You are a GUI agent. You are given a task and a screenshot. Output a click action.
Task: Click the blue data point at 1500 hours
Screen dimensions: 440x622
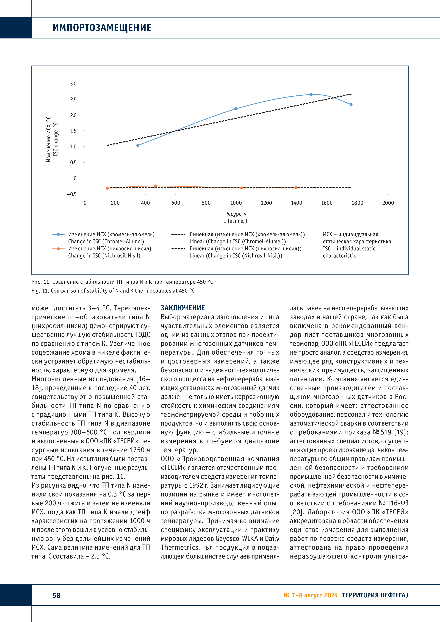coord(311,95)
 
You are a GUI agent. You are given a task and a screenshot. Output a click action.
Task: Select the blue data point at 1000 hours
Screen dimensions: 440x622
coord(236,109)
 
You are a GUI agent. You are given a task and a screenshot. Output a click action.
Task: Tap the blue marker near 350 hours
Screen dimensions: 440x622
coord(138,145)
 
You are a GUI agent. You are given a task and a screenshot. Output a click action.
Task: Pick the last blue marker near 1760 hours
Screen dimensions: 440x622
coord(351,105)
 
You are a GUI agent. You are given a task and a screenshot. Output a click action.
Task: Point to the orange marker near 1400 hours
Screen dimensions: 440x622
coord(296,187)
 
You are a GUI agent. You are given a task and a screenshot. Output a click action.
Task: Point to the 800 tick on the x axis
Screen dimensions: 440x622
coord(206,203)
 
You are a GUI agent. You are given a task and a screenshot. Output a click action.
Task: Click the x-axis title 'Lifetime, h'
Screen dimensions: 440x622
coord(236,221)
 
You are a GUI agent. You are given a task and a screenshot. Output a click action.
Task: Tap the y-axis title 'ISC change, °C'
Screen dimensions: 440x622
coord(56,139)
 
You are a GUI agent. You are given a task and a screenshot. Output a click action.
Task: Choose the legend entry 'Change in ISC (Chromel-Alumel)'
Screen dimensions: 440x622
coord(106,241)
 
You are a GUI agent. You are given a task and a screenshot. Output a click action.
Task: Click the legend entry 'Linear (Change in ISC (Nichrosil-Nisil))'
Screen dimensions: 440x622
coord(236,256)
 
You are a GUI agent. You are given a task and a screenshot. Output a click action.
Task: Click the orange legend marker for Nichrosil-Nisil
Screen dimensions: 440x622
coord(58,249)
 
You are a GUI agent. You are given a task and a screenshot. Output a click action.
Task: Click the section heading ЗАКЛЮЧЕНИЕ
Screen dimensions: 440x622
coord(183,308)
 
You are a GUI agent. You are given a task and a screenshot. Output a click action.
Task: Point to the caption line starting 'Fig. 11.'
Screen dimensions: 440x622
coord(113,291)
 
